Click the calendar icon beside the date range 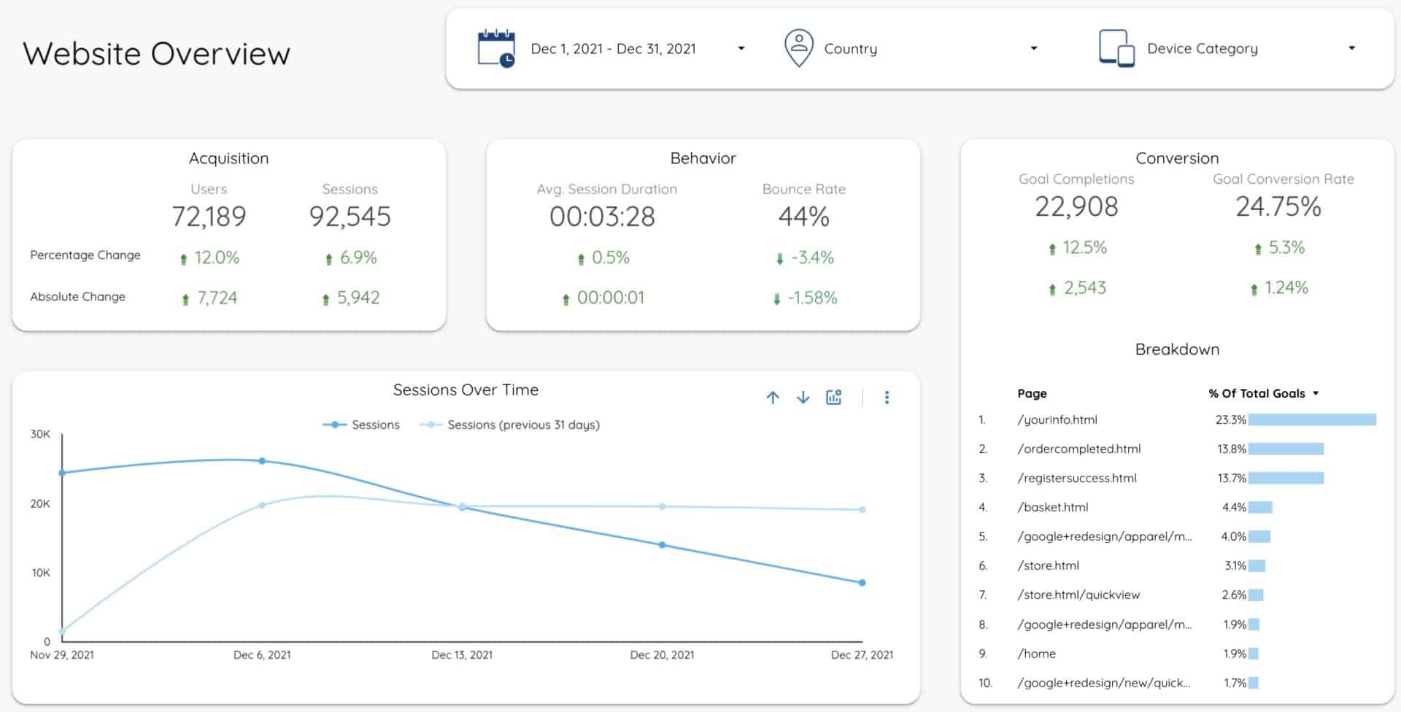(x=496, y=49)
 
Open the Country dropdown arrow (x=1033, y=49)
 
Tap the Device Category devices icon (x=1116, y=49)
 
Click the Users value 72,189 (x=209, y=217)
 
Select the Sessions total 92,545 (x=350, y=217)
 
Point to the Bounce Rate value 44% (x=803, y=217)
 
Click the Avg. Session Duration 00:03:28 (x=602, y=217)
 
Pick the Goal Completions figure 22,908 (x=1076, y=207)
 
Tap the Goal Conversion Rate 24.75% (x=1278, y=207)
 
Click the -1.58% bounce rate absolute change (x=811, y=298)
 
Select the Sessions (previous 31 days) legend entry (x=522, y=425)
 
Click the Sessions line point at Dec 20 (x=662, y=545)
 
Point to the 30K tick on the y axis (x=40, y=434)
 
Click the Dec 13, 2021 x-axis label (x=462, y=655)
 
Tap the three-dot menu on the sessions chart (x=887, y=398)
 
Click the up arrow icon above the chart (x=773, y=398)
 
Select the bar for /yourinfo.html (x=1311, y=419)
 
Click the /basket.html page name (x=1052, y=507)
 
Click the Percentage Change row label (x=85, y=255)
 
